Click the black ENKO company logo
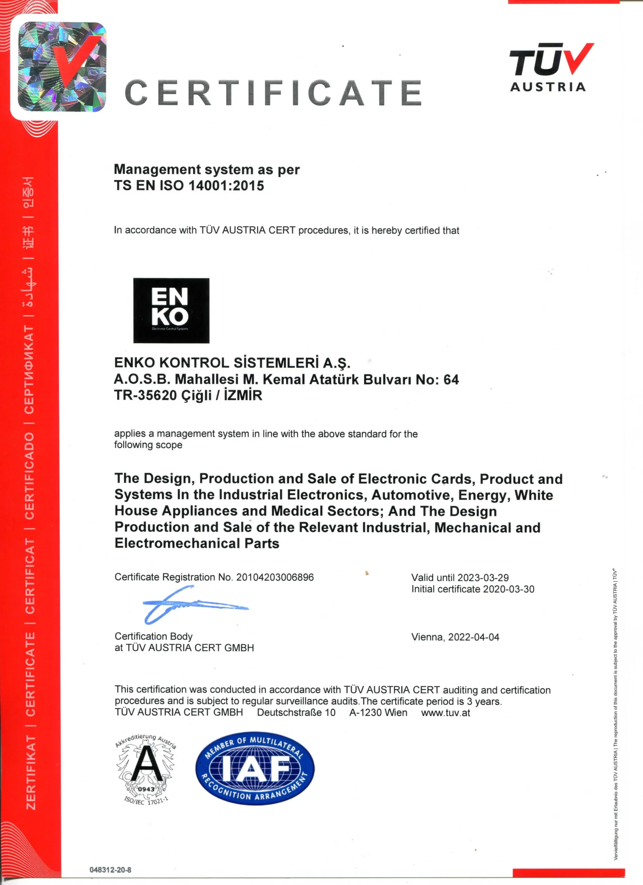click(171, 310)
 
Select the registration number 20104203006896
click(275, 577)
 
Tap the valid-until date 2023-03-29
click(483, 578)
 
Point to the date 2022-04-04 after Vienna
click(473, 637)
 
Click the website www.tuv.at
click(445, 713)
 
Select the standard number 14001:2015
click(226, 185)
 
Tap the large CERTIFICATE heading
click(273, 93)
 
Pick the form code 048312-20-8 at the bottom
click(110, 870)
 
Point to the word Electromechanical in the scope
click(177, 543)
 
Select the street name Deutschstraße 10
click(296, 712)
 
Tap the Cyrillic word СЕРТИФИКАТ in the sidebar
click(29, 369)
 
